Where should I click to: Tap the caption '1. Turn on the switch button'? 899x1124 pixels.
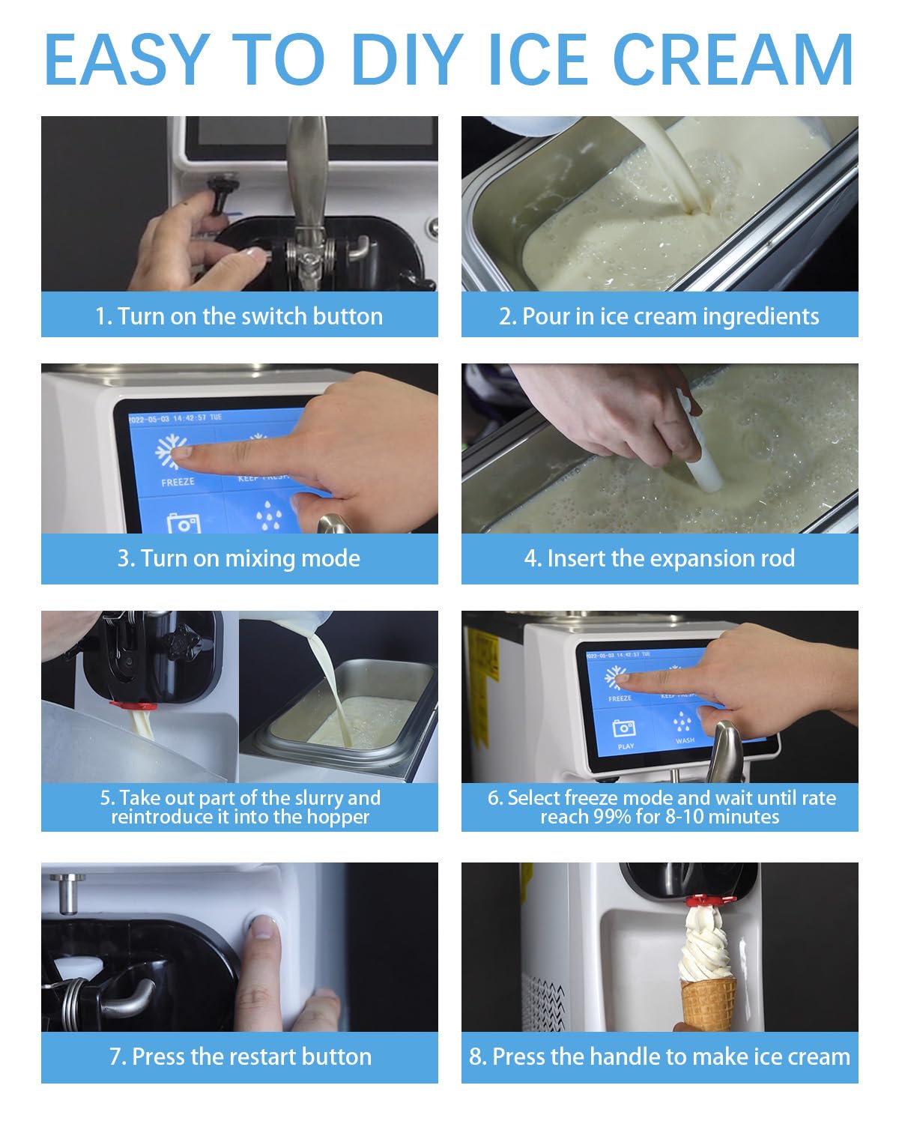[x=239, y=316]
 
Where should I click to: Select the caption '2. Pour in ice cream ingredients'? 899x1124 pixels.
[x=659, y=316]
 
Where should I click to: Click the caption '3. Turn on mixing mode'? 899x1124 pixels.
[x=239, y=558]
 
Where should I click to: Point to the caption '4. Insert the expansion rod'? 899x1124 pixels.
[x=659, y=558]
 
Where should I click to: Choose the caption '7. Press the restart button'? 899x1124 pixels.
[x=240, y=1057]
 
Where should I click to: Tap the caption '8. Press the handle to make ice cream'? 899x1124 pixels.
[x=659, y=1057]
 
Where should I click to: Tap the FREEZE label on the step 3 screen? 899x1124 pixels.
[x=178, y=483]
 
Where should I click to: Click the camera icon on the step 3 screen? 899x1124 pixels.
[x=183, y=522]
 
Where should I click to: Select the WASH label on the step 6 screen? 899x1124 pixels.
[x=685, y=741]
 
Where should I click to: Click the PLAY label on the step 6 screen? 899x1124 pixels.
[x=626, y=746]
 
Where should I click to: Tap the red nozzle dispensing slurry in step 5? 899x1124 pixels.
[x=133, y=705]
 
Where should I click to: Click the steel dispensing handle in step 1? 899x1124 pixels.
[x=307, y=180]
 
